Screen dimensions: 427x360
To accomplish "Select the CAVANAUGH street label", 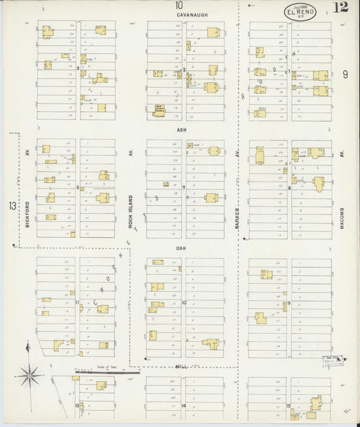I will coord(181,13).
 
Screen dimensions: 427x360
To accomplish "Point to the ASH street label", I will coord(181,130).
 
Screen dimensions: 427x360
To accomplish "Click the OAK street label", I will coord(181,248).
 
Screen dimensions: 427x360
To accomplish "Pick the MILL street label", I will coord(180,365).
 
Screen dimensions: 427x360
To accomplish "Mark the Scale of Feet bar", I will coord(107,370).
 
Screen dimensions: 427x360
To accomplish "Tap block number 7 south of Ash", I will coord(184,187).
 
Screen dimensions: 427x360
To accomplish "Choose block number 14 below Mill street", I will coord(184,405).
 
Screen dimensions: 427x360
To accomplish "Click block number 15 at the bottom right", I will coord(288,405).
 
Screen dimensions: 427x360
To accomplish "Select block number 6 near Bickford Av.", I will coord(78,187).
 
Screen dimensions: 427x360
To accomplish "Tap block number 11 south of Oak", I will coord(78,302).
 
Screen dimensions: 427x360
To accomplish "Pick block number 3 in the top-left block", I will coord(78,68).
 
